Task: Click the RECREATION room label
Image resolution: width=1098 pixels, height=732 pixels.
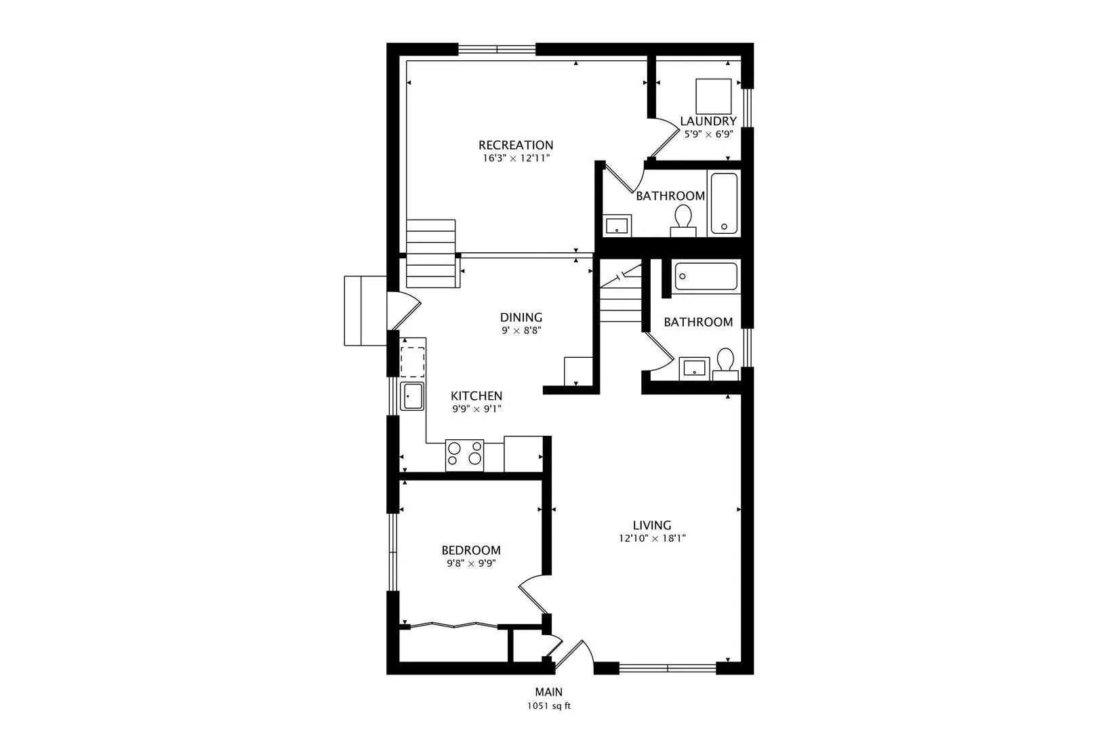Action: [x=516, y=145]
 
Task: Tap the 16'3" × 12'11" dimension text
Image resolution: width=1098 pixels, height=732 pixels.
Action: [x=516, y=159]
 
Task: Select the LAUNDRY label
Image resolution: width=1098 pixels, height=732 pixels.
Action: [x=708, y=121]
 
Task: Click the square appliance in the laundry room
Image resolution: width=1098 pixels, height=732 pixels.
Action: [x=714, y=97]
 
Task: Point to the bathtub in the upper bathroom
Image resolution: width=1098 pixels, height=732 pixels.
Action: [x=724, y=203]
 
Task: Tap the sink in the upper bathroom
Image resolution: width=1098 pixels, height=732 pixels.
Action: [x=617, y=226]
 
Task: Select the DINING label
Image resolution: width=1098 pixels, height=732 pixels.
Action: [x=521, y=317]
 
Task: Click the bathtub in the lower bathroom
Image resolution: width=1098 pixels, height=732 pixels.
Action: [x=706, y=277]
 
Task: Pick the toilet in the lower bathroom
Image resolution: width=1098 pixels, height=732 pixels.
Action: [x=725, y=364]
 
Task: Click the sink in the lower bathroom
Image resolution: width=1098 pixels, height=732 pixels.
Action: [x=695, y=369]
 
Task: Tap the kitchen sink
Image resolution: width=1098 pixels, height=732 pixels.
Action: [x=412, y=396]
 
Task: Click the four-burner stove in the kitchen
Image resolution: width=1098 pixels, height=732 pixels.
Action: [x=464, y=455]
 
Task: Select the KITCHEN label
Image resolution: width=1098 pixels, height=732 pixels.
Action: [x=476, y=396]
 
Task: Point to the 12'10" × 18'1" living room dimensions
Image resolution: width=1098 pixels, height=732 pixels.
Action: [x=652, y=538]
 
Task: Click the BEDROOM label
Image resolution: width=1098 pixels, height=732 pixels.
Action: [x=471, y=550]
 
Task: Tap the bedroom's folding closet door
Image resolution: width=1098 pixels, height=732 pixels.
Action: [x=454, y=625]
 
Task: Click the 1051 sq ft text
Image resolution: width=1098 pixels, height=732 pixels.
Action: [x=549, y=706]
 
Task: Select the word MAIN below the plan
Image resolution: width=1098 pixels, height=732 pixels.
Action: [x=549, y=692]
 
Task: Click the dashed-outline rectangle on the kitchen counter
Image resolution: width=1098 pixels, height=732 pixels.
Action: [x=413, y=362]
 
